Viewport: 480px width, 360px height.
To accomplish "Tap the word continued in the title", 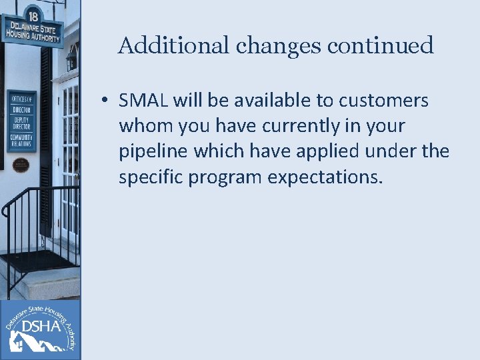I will click(x=375, y=45).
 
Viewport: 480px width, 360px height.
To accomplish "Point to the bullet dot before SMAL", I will click(x=105, y=101).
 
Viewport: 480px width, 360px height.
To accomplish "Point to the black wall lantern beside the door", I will click(x=71, y=60).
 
